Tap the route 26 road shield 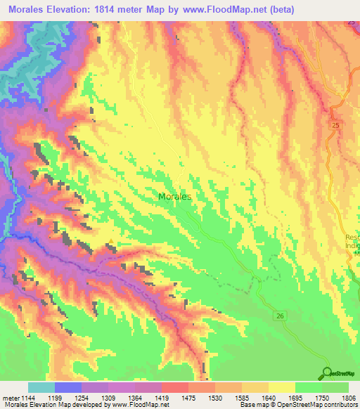(x=280, y=317)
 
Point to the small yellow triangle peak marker (x=110, y=245)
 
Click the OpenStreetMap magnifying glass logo (x=328, y=372)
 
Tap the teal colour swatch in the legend (x=41, y=387)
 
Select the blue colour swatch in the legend (x=68, y=387)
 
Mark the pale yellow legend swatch (x=281, y=387)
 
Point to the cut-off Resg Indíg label (x=352, y=242)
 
